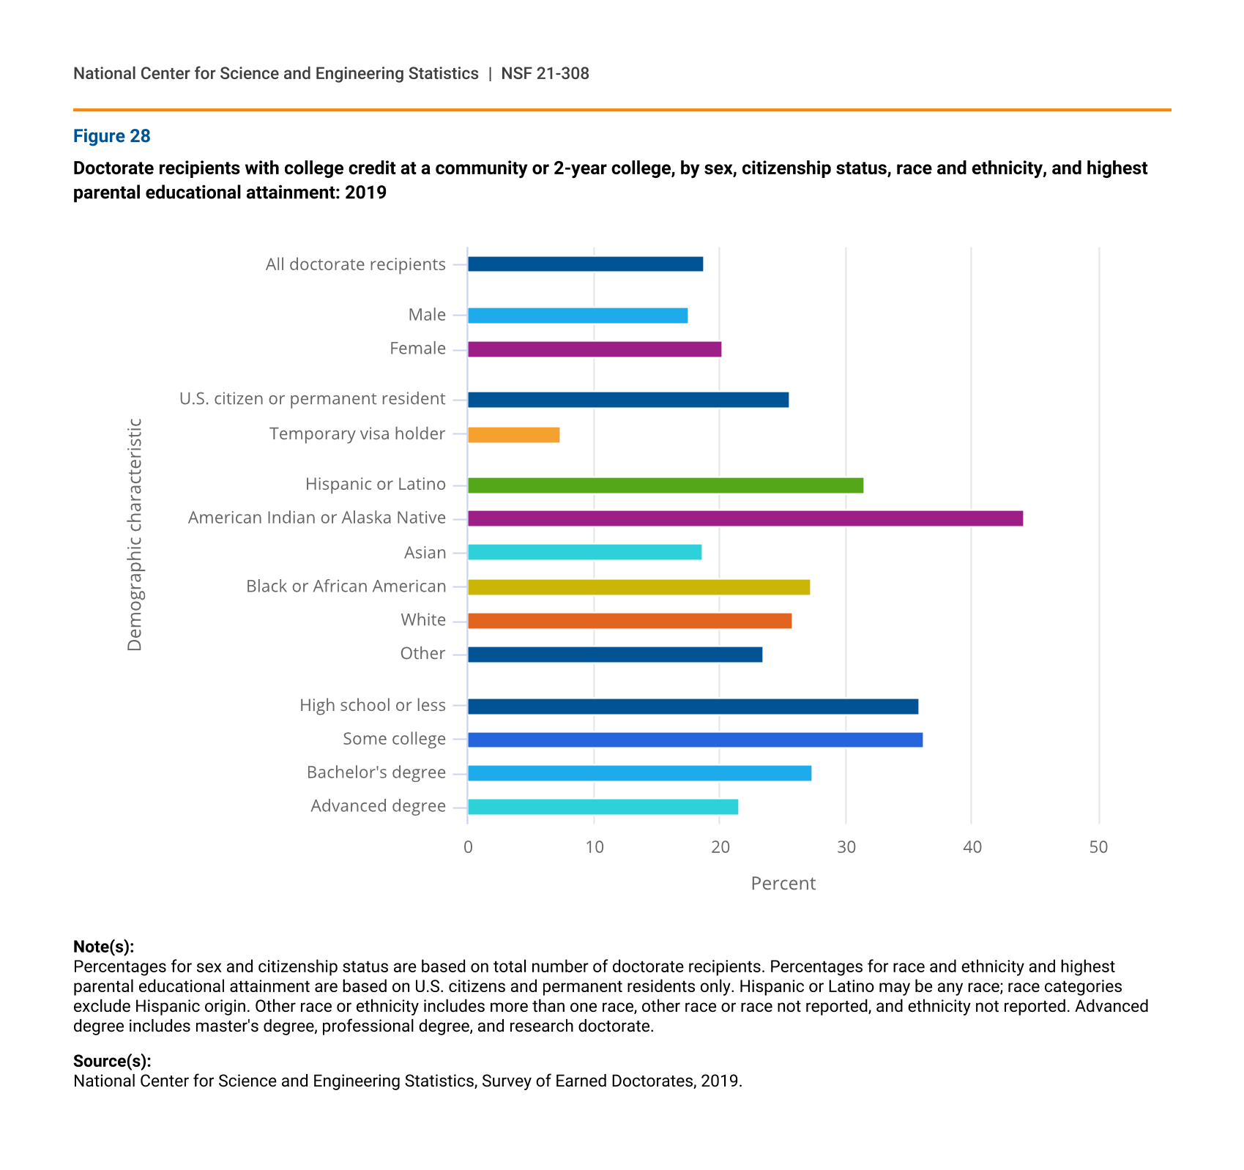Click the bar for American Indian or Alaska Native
pos(745,518)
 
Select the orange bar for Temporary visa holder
pos(514,435)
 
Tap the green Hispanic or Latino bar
pos(666,485)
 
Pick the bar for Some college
pos(696,739)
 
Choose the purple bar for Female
pos(595,349)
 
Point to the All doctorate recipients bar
pos(586,264)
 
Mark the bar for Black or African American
pos(639,587)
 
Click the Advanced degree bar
pos(603,807)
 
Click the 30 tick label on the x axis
pos(846,848)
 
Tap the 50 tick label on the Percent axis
pos(1098,848)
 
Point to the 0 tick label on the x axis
pos(468,848)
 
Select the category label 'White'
pos(423,620)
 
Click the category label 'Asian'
pos(425,553)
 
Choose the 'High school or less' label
pos(373,705)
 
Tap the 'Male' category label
pos(427,315)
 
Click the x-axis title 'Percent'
pos(783,884)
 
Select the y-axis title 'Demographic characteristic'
pos(135,534)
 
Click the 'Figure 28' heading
pos(112,136)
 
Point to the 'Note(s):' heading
pos(104,947)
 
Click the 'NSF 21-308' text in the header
pos(545,74)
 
